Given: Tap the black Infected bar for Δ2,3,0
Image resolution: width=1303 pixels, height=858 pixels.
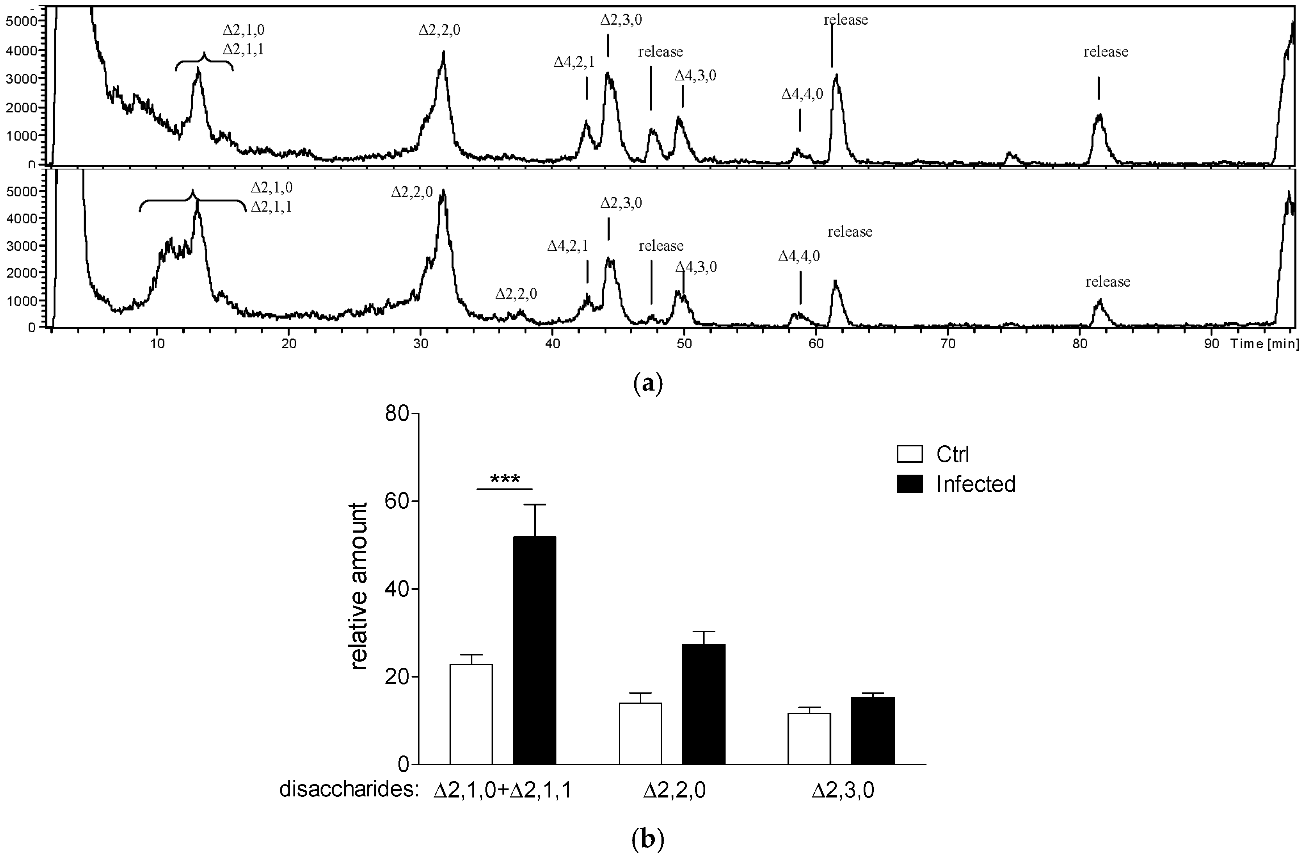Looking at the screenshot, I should click(x=873, y=730).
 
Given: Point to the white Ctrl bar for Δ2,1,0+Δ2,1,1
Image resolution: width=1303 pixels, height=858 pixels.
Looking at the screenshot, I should click(x=471, y=714).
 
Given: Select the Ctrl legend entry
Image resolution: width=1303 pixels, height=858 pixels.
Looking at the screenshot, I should click(x=953, y=454).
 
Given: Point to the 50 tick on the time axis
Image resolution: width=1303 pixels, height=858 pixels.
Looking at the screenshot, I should click(x=684, y=344).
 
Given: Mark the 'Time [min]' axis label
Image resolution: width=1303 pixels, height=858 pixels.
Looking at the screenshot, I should click(x=1264, y=344).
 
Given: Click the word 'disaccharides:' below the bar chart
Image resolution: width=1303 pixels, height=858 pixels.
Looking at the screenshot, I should click(x=349, y=790).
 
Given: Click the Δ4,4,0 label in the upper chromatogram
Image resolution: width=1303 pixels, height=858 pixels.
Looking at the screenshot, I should click(x=802, y=94).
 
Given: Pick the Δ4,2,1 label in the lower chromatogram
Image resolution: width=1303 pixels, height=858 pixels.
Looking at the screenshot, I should click(x=568, y=246).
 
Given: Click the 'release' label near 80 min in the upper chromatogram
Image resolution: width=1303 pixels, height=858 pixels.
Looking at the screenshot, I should click(x=1105, y=52).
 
